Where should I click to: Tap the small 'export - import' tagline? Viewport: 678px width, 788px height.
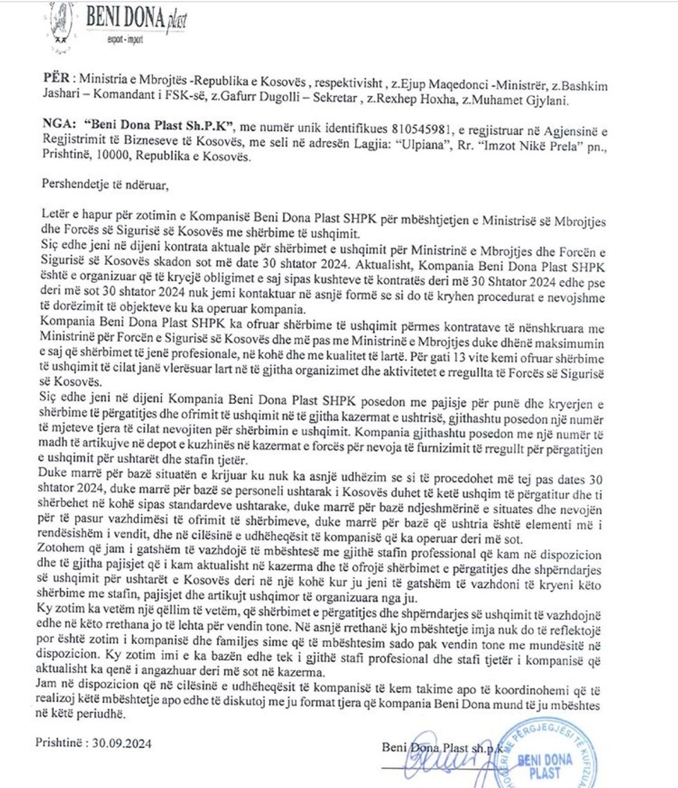click(x=125, y=40)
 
